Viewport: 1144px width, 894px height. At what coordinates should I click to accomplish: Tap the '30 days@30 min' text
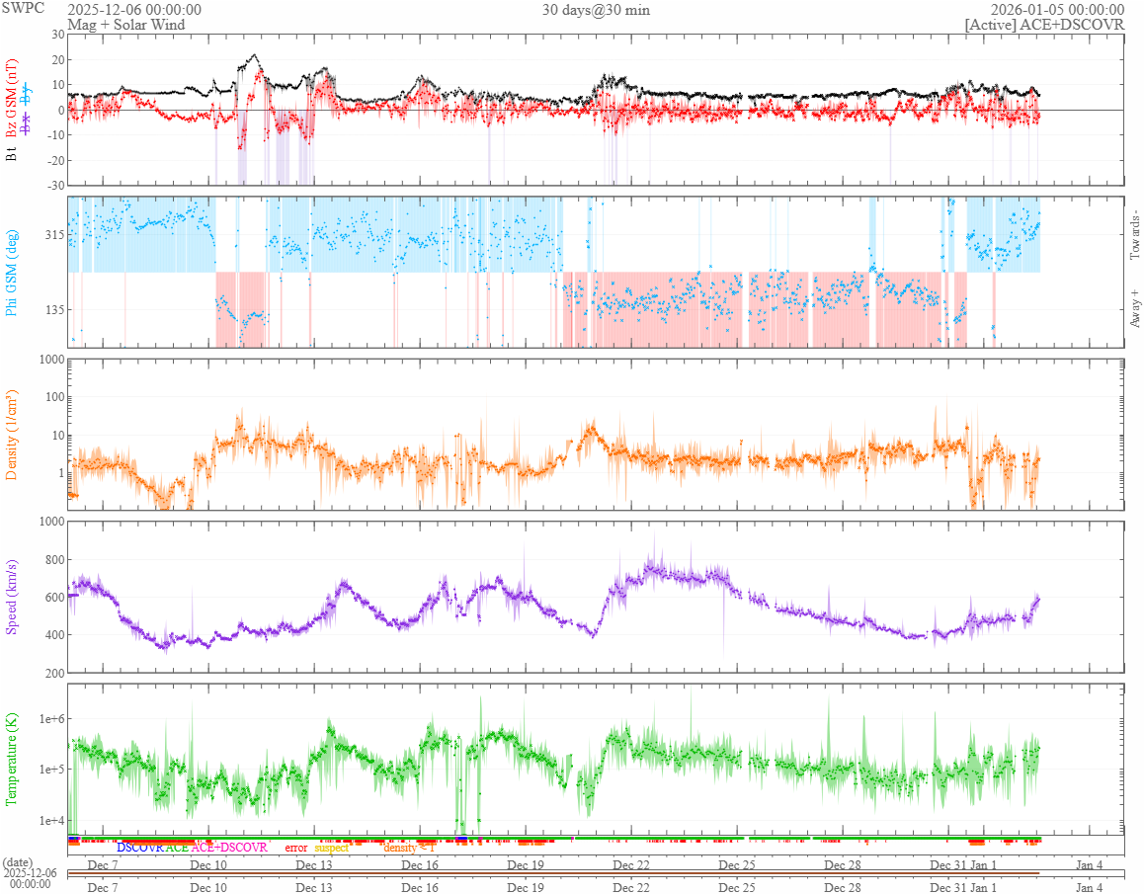(596, 10)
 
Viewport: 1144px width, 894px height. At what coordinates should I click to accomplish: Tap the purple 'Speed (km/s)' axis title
(12, 597)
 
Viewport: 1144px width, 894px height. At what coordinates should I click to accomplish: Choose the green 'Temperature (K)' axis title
(12, 759)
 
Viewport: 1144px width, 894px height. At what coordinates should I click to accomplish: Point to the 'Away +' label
(1133, 307)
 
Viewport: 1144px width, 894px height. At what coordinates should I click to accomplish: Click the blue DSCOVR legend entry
(139, 848)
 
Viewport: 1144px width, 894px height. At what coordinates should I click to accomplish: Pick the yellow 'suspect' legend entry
(331, 848)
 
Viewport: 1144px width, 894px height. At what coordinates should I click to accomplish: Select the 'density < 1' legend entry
(408, 848)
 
